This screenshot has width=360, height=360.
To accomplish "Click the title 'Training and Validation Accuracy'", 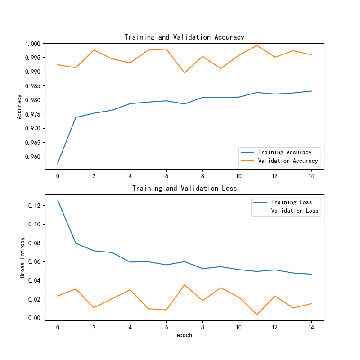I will [x=184, y=37].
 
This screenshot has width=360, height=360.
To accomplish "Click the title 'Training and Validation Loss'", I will [x=184, y=188].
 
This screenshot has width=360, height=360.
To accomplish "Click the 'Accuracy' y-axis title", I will [x=19, y=106].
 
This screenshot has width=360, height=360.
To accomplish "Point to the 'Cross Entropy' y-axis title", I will [x=22, y=257].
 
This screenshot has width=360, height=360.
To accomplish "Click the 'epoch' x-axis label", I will [x=184, y=335].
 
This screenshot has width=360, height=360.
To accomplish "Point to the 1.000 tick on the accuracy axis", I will [x=34, y=44].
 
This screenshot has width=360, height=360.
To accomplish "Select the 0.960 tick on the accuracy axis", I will [x=34, y=157].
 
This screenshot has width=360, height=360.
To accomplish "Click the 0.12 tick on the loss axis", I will [x=36, y=206].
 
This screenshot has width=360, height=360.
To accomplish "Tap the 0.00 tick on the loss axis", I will [x=36, y=318].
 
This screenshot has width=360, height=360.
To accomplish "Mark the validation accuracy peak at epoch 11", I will [x=257, y=45].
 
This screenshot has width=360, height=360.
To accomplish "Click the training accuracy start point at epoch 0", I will [x=58, y=163].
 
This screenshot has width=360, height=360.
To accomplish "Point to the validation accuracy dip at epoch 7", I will [x=184, y=73].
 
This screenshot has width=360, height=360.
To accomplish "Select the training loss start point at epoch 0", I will [x=58, y=200].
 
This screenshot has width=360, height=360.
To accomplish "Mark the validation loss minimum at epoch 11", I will [x=257, y=315].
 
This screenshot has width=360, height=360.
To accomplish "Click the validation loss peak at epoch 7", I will [x=184, y=285].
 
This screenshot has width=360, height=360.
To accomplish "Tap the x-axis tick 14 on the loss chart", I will [x=311, y=327].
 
